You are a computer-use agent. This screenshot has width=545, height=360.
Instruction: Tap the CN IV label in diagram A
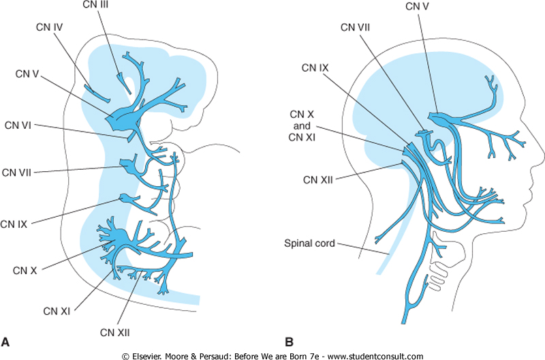(50, 29)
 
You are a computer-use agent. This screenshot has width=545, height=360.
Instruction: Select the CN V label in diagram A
(27, 74)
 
